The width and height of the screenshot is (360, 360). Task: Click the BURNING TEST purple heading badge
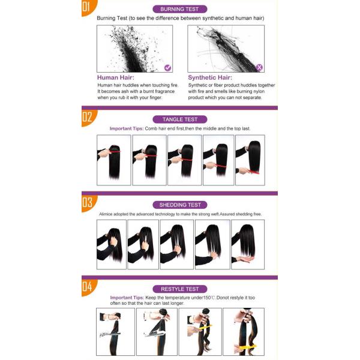tap(180, 9)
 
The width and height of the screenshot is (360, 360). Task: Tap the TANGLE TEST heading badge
tap(180, 119)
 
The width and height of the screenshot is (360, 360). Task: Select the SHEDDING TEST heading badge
tap(180, 205)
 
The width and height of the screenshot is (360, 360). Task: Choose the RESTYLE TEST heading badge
tap(180, 289)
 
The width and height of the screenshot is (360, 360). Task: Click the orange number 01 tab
tap(88, 7)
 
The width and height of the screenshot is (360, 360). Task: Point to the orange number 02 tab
tap(88, 117)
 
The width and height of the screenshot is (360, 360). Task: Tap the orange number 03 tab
tap(88, 203)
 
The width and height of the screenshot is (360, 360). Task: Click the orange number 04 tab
tap(88, 287)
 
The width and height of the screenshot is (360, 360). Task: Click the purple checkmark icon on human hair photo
tap(168, 68)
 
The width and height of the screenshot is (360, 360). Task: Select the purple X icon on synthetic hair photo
tap(259, 67)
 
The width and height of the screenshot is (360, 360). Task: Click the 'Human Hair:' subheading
tap(115, 77)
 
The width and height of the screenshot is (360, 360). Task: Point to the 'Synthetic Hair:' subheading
tap(210, 77)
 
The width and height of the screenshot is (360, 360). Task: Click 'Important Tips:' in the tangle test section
tap(127, 128)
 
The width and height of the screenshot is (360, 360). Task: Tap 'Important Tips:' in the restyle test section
tap(127, 298)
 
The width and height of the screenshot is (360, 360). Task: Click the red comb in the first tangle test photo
tap(115, 151)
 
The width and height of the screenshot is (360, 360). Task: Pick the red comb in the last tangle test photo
tap(252, 171)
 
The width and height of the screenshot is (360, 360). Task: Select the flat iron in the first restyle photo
tap(110, 334)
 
